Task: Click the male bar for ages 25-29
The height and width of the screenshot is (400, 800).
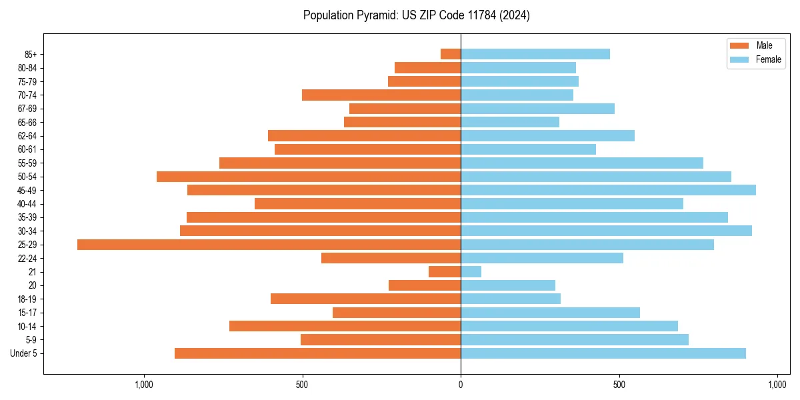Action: click(x=269, y=245)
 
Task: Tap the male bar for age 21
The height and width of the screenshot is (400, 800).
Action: click(x=445, y=271)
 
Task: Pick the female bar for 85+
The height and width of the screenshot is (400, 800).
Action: click(x=535, y=54)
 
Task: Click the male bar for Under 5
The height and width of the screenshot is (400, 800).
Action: click(x=317, y=353)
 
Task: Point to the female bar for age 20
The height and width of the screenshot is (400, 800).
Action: click(x=508, y=285)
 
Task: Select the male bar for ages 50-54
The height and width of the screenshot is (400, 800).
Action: click(x=309, y=177)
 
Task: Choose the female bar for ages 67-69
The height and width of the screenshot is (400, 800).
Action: click(x=537, y=109)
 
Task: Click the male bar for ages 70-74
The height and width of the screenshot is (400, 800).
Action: click(x=381, y=95)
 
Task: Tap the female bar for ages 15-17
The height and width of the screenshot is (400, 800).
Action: click(x=550, y=313)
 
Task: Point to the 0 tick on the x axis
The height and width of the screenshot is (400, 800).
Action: click(x=461, y=385)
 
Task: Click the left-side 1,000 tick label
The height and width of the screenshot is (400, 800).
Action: click(x=144, y=385)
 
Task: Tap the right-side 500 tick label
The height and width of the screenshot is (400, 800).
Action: click(x=619, y=385)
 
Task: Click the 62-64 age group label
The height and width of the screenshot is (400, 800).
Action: click(x=27, y=136)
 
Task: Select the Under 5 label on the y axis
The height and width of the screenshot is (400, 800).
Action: click(x=23, y=353)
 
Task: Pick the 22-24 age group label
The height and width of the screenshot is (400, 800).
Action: click(x=27, y=258)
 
